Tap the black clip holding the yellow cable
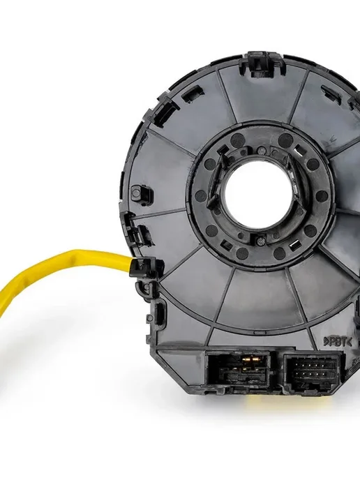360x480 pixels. click(143, 267)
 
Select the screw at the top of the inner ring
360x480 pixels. click(260, 150)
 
